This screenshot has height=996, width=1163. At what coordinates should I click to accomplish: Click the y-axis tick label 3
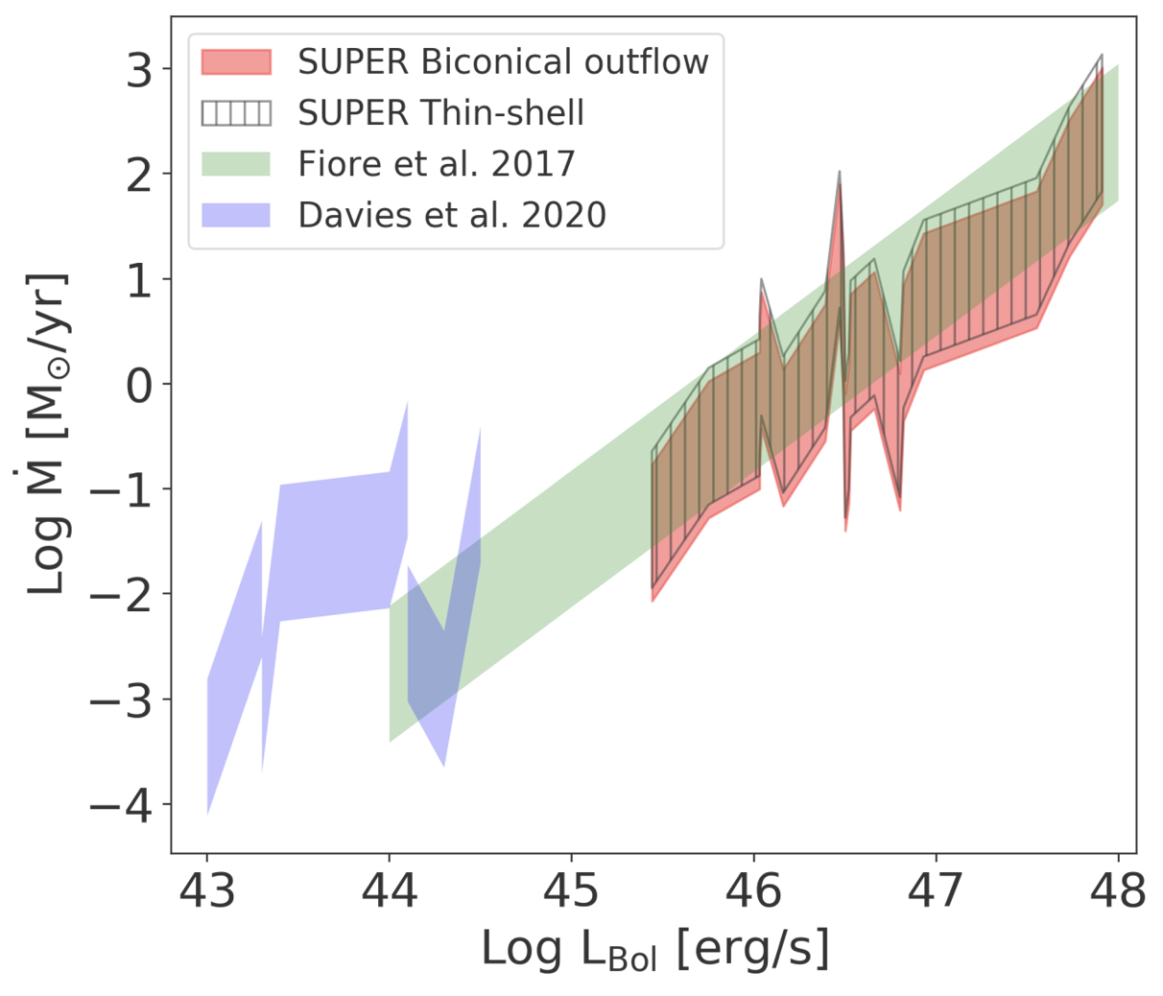point(140,69)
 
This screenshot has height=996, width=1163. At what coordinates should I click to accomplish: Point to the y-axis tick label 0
point(140,384)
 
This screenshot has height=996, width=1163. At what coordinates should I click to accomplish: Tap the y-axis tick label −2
point(121,594)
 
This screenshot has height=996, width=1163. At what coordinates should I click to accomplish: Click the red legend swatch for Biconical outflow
point(236,62)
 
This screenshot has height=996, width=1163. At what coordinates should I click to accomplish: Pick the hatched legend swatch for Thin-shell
point(236,113)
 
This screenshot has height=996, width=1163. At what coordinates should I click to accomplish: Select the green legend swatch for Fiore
point(236,164)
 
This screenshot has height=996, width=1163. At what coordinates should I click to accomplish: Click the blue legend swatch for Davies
point(236,215)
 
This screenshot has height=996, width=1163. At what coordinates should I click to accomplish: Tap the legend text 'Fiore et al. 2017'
point(437,164)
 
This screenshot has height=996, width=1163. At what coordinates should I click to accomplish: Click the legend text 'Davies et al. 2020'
point(452,215)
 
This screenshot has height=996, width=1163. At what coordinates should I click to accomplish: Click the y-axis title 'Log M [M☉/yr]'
point(48,434)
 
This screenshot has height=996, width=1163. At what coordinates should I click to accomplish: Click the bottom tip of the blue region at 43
point(207,813)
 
